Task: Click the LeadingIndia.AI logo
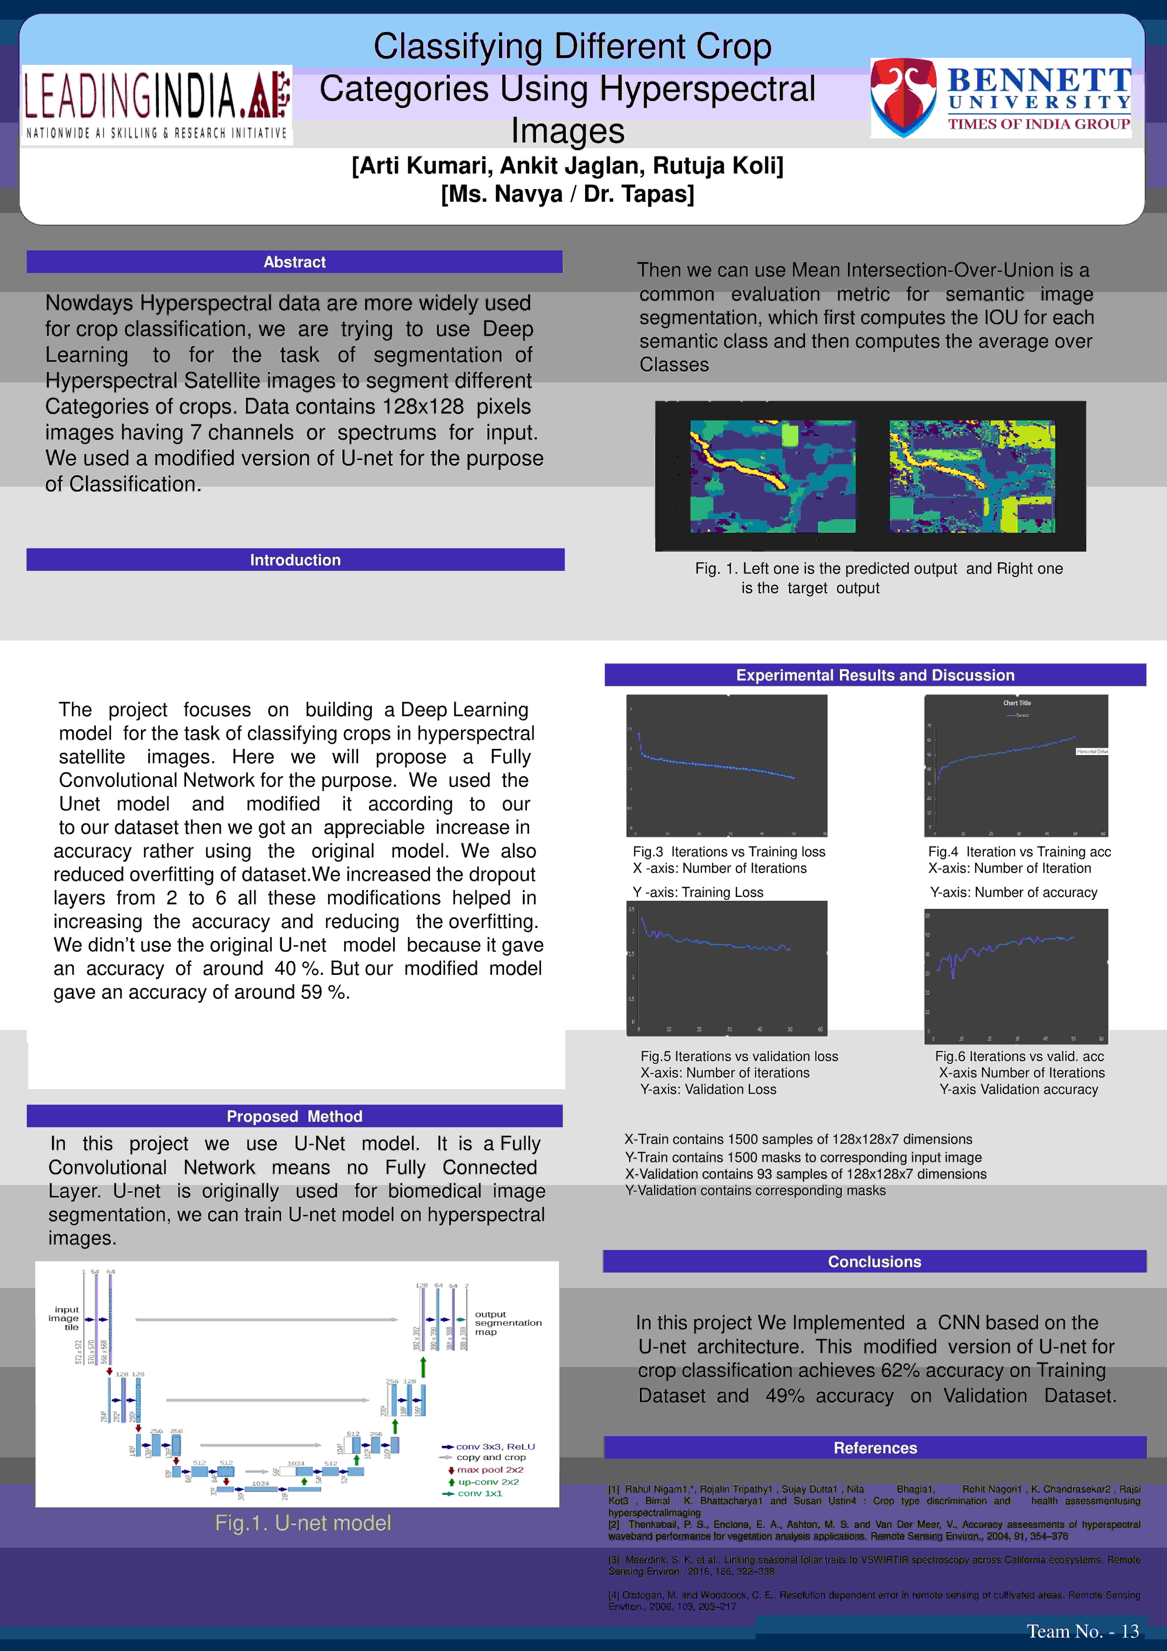157,105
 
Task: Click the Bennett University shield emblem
903,98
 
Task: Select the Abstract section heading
295,262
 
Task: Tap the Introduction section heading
295,559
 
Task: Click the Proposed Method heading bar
295,1116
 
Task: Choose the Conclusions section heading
874,1261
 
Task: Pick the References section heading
875,1447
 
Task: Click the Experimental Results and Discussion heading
875,675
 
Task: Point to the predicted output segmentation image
772,476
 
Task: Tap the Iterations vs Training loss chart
726,765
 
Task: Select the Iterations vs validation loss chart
726,968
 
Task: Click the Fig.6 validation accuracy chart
1016,976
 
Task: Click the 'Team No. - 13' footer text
1082,1631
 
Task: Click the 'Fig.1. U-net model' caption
303,1522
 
